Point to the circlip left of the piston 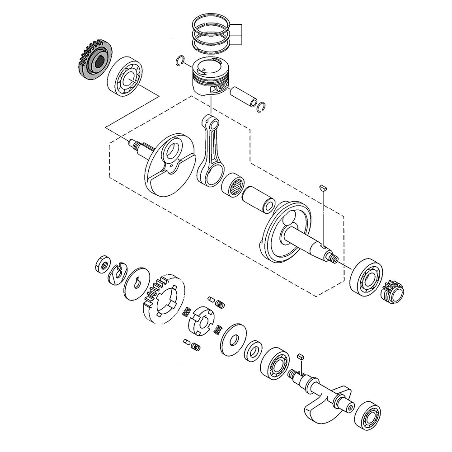coord(179,61)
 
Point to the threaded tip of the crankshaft coord(334,259)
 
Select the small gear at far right coord(393,291)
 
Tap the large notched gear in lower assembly coord(163,298)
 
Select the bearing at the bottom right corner coord(367,415)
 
